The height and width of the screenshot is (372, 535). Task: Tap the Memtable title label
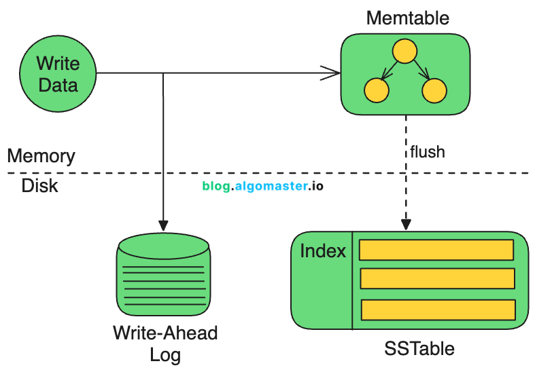(x=398, y=18)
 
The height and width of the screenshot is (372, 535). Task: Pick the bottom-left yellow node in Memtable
(x=376, y=90)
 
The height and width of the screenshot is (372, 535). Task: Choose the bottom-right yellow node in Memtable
(x=433, y=90)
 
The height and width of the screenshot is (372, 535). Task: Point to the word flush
(x=427, y=151)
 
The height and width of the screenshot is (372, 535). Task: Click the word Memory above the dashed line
(x=41, y=156)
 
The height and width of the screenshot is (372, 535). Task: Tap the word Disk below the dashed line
(x=39, y=185)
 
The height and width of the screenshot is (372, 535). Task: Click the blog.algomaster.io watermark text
(x=263, y=185)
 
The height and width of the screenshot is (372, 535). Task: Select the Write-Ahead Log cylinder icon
(x=163, y=275)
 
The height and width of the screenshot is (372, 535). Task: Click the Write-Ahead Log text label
(x=165, y=343)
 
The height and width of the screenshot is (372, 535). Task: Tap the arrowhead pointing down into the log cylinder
(x=163, y=225)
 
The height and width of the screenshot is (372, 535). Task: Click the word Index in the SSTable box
(x=323, y=251)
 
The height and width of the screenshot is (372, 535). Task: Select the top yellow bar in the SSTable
(x=436, y=250)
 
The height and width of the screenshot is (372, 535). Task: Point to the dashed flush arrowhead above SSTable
(x=407, y=223)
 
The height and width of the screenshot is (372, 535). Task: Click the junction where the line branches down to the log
(x=163, y=73)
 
